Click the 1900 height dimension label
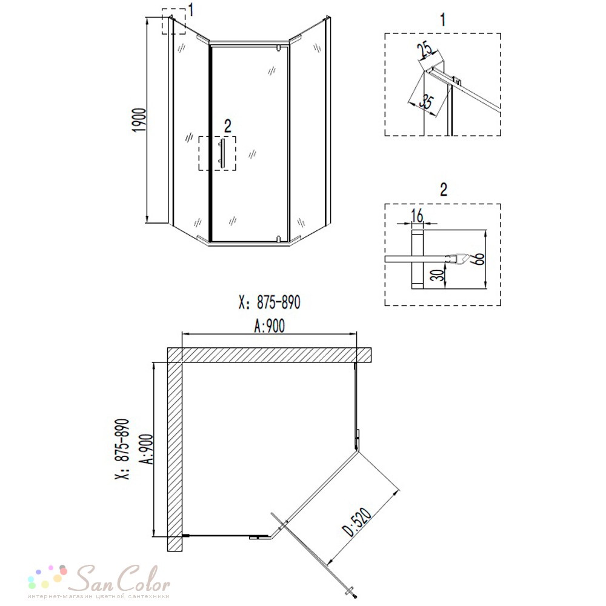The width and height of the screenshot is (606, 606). click(x=139, y=120)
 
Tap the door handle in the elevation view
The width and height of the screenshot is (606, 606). click(x=221, y=153)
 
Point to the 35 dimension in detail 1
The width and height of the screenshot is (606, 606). click(x=426, y=102)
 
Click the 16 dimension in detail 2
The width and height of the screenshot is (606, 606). click(x=418, y=216)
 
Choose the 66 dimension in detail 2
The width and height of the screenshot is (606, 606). click(x=479, y=259)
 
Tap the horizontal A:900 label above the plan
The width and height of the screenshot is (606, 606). click(x=270, y=326)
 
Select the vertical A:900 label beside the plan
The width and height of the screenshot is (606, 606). click(x=147, y=449)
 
